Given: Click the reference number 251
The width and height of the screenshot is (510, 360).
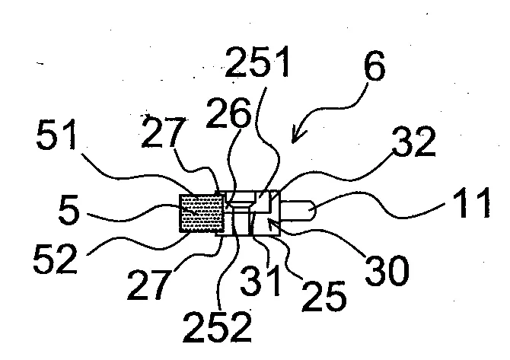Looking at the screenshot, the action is click(x=257, y=62).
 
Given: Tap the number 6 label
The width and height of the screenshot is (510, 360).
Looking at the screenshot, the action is click(x=375, y=66).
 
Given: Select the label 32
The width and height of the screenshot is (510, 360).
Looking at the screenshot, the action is click(x=414, y=142).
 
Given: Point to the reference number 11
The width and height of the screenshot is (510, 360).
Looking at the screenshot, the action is click(x=474, y=202).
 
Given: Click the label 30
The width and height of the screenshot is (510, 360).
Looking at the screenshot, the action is click(x=387, y=270).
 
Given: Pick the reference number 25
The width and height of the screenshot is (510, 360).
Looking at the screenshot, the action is click(x=324, y=295).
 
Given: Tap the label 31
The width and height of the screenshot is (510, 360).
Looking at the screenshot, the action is click(x=260, y=280).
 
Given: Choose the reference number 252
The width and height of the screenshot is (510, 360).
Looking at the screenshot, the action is click(x=217, y=327).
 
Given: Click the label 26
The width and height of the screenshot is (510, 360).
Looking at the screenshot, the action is click(x=228, y=113).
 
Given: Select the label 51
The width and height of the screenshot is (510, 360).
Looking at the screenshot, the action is click(x=56, y=134).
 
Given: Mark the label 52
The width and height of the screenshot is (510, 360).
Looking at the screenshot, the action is click(x=56, y=259).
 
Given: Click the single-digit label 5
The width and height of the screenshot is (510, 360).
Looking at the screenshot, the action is click(x=69, y=210).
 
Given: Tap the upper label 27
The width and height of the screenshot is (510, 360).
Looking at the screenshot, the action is click(x=163, y=132).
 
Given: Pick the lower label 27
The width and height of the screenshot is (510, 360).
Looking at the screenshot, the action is click(x=149, y=284).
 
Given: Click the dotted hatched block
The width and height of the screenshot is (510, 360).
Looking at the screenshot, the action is click(x=202, y=213).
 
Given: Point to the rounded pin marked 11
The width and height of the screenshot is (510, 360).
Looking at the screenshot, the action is click(x=298, y=210).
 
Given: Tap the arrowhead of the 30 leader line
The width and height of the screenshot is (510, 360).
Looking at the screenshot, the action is click(x=272, y=223).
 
